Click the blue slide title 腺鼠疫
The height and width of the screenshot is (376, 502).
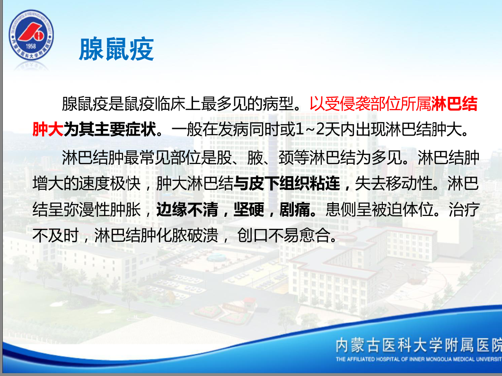(x=116, y=49)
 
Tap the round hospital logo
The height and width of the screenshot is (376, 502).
(x=31, y=34)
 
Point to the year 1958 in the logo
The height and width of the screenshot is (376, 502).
(x=31, y=46)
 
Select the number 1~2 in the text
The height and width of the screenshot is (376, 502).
(x=309, y=129)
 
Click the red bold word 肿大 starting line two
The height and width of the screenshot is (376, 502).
(x=48, y=129)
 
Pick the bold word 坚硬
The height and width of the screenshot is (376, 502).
(x=249, y=210)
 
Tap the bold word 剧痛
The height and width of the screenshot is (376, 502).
(x=295, y=210)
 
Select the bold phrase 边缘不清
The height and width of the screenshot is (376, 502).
(x=187, y=210)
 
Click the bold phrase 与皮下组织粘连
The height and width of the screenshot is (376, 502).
(x=287, y=184)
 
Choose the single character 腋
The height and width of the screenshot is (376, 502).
(x=255, y=157)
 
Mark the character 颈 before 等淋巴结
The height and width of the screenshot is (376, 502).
(x=286, y=157)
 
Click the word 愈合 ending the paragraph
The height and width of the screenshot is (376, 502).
(x=314, y=236)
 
